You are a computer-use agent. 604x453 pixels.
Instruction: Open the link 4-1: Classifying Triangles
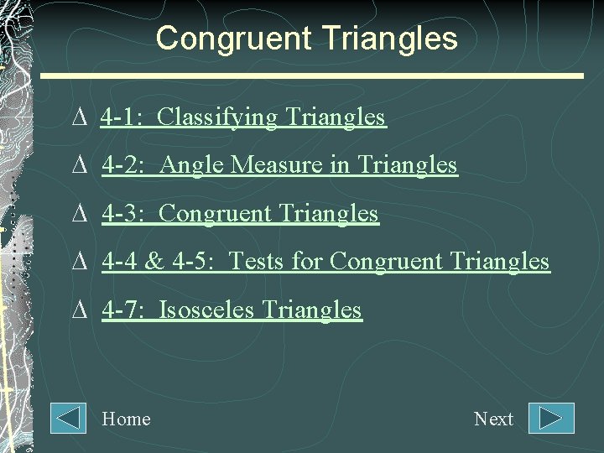[242, 117]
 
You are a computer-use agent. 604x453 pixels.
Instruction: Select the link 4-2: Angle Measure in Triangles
[279, 165]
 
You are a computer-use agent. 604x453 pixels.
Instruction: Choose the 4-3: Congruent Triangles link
[240, 214]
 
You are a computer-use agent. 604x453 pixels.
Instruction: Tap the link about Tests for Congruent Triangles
[325, 262]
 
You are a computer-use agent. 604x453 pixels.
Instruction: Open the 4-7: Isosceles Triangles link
[232, 310]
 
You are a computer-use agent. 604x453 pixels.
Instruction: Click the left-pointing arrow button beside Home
[68, 419]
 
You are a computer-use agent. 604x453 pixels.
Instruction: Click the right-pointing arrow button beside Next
[551, 419]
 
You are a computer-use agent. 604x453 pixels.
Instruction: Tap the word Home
[126, 419]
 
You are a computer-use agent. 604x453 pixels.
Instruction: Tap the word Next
[493, 419]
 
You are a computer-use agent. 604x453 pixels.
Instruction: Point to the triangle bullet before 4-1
[80, 118]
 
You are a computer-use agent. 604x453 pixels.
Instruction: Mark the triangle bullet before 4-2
[80, 166]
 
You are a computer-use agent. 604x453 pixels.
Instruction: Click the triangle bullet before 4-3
[80, 215]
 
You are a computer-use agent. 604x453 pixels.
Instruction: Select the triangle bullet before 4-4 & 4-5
[80, 263]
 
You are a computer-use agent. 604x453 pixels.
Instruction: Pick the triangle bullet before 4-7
[80, 311]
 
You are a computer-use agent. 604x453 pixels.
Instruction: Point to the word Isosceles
[206, 310]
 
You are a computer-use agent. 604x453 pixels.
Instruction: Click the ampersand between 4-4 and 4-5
[154, 262]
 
